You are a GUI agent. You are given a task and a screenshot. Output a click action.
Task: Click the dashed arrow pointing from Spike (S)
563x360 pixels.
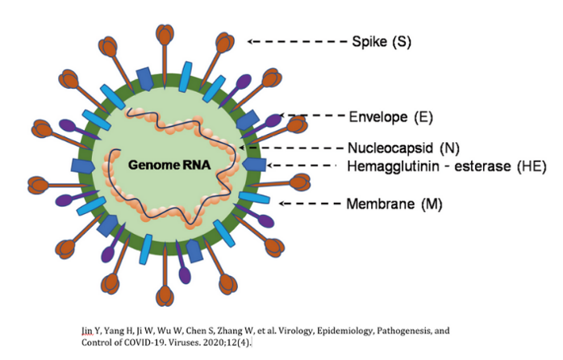[296, 41]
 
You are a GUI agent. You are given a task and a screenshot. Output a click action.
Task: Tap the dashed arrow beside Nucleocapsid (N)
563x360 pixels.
[292, 148]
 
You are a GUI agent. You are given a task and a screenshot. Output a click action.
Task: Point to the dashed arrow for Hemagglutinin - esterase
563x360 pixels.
[302, 166]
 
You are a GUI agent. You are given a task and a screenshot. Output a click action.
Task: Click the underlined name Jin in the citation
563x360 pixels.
[86, 330]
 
